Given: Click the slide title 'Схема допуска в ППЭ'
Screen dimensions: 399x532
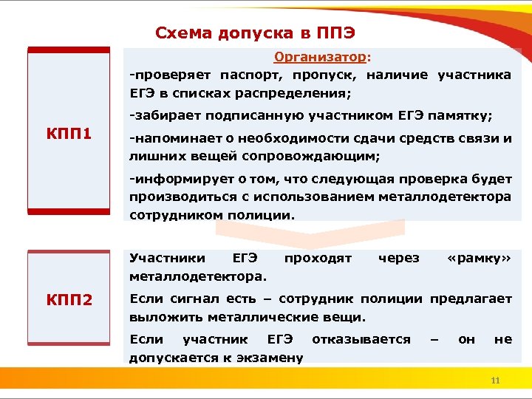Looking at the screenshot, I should coord(255,33).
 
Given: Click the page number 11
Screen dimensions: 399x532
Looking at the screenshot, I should coord(496,381).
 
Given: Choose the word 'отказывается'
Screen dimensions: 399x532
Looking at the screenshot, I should coord(361,339).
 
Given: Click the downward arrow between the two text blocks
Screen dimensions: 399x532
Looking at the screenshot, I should coord(310,235).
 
